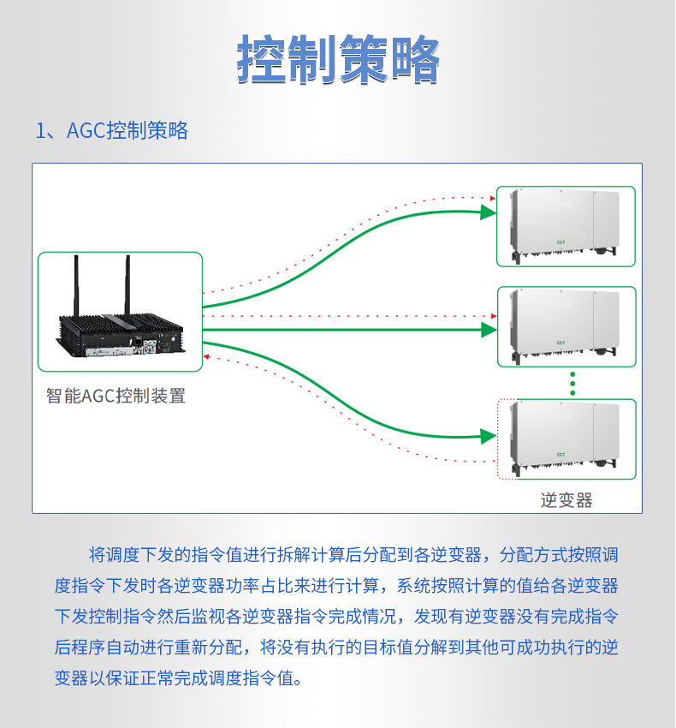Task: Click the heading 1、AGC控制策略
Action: [111, 131]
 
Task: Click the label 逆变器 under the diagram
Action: [566, 500]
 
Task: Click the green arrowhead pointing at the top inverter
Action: [489, 212]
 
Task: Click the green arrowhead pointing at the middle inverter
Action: [489, 329]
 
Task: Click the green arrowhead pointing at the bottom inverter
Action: [489, 437]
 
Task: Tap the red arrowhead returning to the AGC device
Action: [206, 356]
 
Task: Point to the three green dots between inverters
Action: [573, 384]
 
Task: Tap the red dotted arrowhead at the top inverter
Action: [492, 199]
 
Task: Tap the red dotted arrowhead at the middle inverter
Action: [492, 315]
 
